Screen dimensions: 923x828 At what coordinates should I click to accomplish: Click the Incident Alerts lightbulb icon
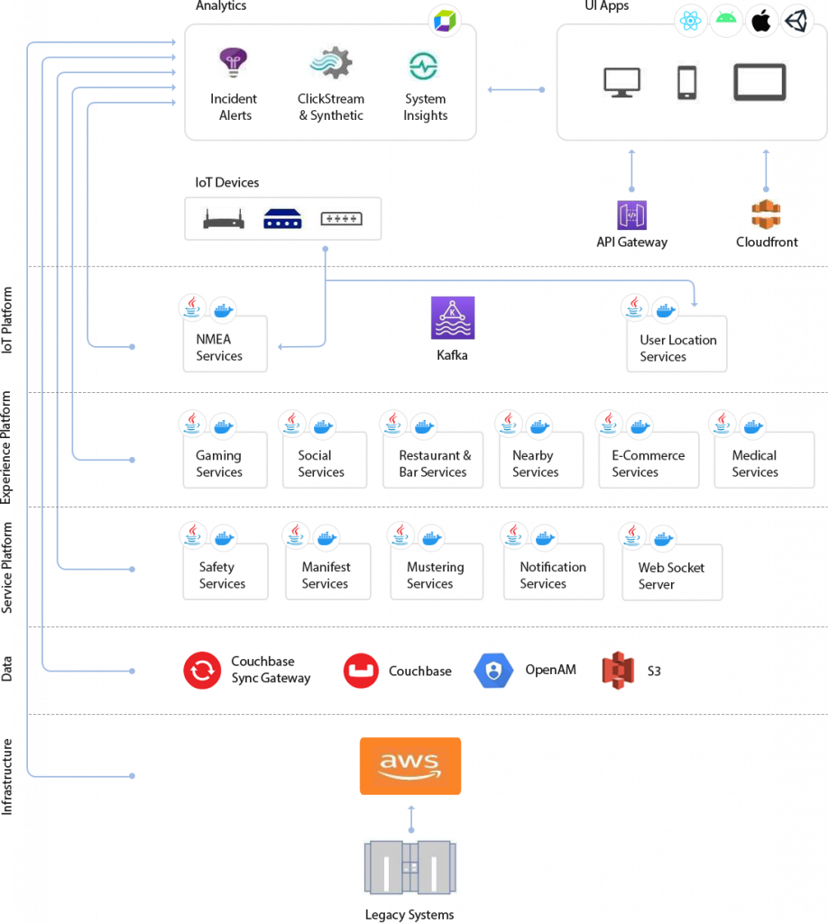(234, 63)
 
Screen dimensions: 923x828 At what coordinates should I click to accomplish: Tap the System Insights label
(425, 107)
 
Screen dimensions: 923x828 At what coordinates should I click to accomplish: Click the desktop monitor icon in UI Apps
(621, 82)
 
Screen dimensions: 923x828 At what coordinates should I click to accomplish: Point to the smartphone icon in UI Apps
(686, 82)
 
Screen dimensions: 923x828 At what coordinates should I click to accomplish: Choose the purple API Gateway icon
(631, 215)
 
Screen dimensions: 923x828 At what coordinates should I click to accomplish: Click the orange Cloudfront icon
(766, 215)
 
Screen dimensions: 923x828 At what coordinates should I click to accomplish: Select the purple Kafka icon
(452, 317)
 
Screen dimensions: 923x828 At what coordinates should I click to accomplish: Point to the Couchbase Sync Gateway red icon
(202, 671)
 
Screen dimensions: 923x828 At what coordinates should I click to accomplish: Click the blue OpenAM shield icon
(493, 671)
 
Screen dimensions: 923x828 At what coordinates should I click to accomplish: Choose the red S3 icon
(619, 671)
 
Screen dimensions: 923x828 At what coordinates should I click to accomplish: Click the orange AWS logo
(410, 766)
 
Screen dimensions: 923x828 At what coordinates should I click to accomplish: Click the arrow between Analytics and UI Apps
(516, 89)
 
